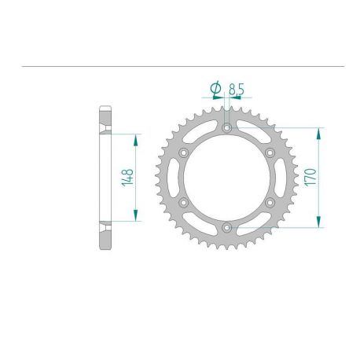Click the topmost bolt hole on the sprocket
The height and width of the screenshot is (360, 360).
click(x=226, y=127)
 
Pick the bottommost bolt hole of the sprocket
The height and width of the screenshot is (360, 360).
click(x=226, y=228)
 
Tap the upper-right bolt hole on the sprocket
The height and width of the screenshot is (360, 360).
click(x=269, y=152)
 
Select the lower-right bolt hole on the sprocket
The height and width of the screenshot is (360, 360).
click(x=269, y=203)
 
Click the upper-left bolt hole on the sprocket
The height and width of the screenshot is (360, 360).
click(x=183, y=152)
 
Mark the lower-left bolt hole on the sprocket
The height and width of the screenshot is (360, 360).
click(x=183, y=203)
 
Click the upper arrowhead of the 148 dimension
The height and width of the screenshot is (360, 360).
click(x=137, y=138)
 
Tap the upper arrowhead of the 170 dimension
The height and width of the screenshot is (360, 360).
click(x=319, y=131)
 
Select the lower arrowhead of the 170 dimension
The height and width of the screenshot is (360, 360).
click(x=319, y=223)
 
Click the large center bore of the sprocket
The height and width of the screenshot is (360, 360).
click(x=226, y=178)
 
